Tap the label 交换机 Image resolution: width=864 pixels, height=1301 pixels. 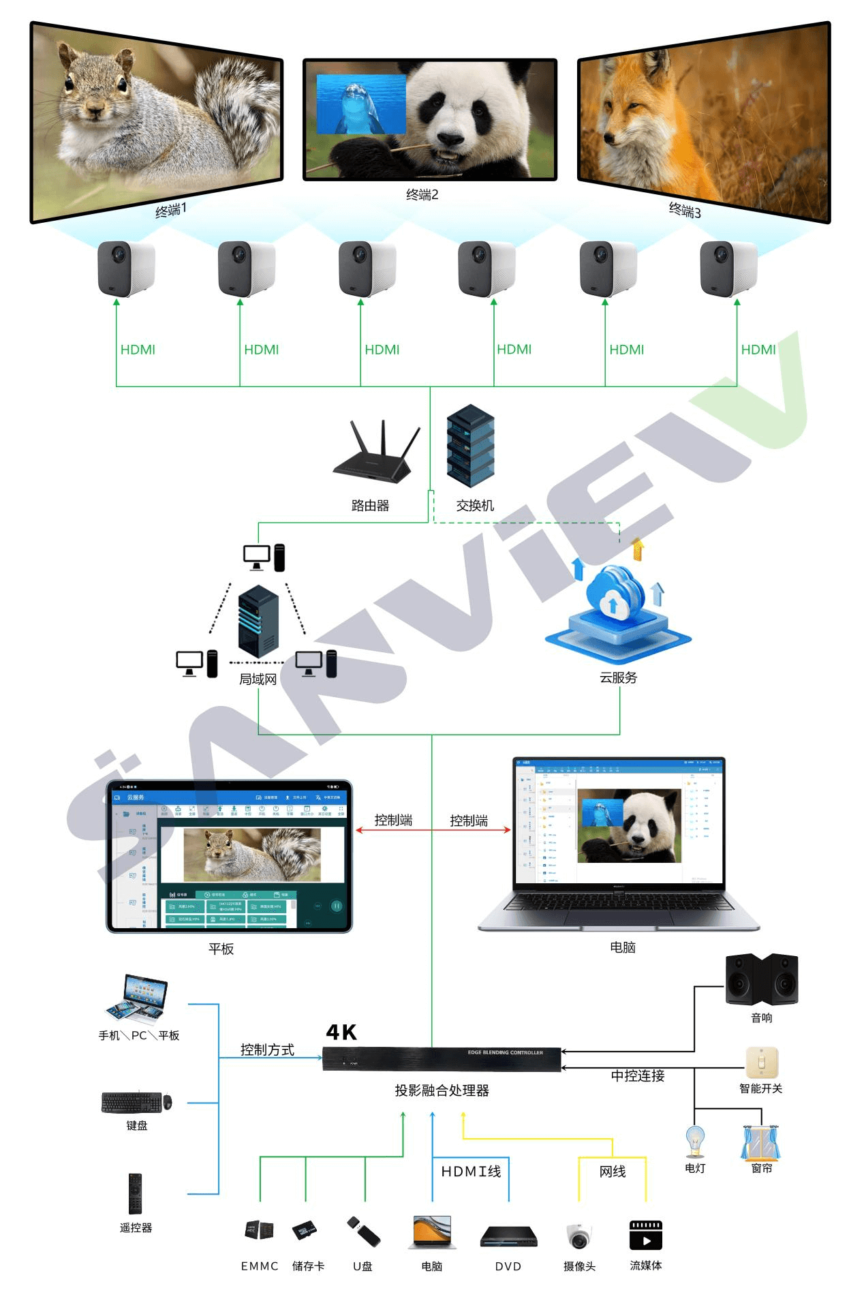click(x=474, y=506)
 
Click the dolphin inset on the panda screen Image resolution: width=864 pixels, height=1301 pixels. click(x=361, y=104)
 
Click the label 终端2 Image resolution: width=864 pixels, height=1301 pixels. click(x=422, y=195)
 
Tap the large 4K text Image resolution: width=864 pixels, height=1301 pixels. click(x=341, y=1032)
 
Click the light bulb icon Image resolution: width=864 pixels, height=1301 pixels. click(x=694, y=1141)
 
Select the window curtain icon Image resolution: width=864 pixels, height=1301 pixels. click(x=760, y=1142)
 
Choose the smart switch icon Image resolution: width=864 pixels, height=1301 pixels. click(x=761, y=1062)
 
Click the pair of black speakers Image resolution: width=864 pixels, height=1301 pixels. click(x=761, y=979)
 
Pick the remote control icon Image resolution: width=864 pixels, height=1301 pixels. click(x=136, y=1193)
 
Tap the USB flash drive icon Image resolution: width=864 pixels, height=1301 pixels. click(x=363, y=1231)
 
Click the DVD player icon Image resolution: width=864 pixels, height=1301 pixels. click(x=508, y=1236)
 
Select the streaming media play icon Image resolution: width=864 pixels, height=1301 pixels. click(x=645, y=1235)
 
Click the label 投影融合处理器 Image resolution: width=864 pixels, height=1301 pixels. click(x=442, y=1090)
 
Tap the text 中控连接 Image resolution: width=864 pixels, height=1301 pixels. click(x=637, y=1075)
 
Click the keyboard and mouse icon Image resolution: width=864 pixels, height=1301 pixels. click(x=136, y=1102)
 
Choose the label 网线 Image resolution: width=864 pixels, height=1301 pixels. click(x=612, y=1171)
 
